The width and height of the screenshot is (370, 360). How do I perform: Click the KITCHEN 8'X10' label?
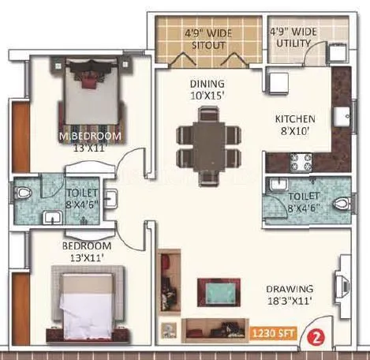point(296,125)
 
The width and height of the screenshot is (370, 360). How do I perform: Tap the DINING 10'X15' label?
point(207,89)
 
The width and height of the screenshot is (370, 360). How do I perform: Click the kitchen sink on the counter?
point(343,117)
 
